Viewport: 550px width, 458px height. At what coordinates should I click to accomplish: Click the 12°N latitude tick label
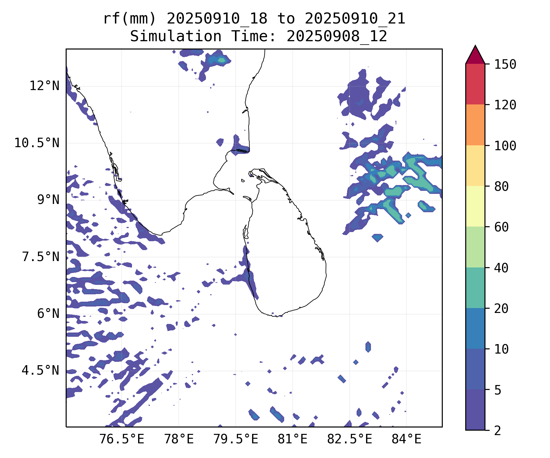[44, 86]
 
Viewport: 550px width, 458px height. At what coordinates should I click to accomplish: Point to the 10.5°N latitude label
[37, 143]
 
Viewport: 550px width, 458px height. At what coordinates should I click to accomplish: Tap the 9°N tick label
[48, 200]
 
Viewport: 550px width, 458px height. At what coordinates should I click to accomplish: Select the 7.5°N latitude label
[41, 257]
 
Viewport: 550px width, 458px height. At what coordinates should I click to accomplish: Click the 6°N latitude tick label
[48, 314]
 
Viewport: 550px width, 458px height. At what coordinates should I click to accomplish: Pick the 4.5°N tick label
[41, 370]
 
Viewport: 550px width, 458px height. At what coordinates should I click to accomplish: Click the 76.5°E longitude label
[122, 439]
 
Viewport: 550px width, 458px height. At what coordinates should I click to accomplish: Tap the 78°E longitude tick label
[179, 439]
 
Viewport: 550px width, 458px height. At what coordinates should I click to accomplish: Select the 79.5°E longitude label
[236, 439]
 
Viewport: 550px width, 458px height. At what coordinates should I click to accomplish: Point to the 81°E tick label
[292, 439]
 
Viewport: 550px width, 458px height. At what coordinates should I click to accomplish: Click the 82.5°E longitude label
[350, 439]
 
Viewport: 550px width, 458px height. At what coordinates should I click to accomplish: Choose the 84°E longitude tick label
[406, 439]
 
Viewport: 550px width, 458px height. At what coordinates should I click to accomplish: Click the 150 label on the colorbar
[505, 64]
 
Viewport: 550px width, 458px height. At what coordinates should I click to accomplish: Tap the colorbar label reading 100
[505, 146]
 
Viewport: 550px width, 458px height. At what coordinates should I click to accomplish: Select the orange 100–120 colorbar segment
[475, 125]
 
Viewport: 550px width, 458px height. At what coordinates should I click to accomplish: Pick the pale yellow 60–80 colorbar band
[475, 206]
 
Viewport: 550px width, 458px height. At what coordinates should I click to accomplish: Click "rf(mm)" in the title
[130, 19]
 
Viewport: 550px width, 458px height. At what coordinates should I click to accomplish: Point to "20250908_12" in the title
[337, 37]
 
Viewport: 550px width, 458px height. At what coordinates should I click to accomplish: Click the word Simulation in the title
[176, 37]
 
